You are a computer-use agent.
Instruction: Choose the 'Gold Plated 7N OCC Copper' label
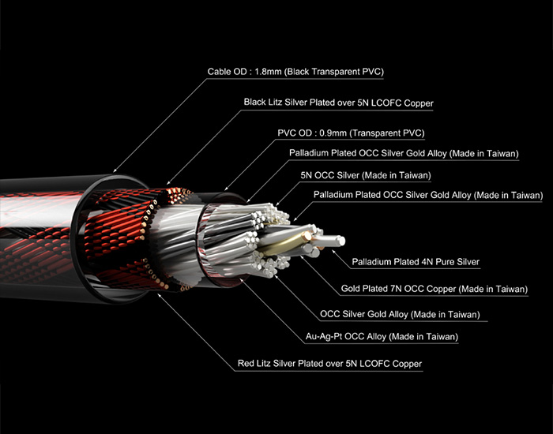(x=433, y=289)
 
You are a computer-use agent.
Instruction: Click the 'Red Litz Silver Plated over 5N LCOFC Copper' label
(x=329, y=364)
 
